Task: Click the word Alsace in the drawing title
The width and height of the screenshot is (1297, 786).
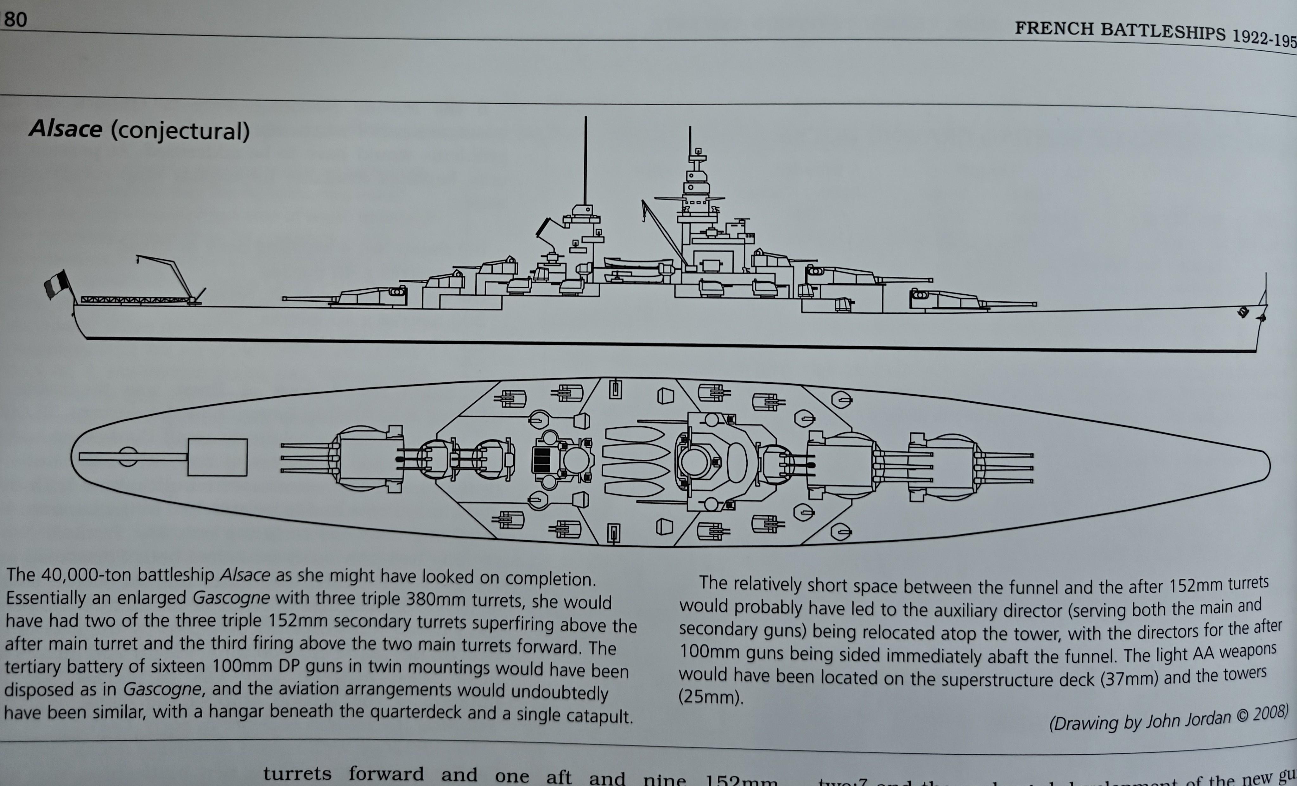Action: coord(65,129)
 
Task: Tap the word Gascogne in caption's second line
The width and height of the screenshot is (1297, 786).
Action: coord(231,599)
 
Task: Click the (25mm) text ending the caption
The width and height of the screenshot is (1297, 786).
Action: coord(710,697)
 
